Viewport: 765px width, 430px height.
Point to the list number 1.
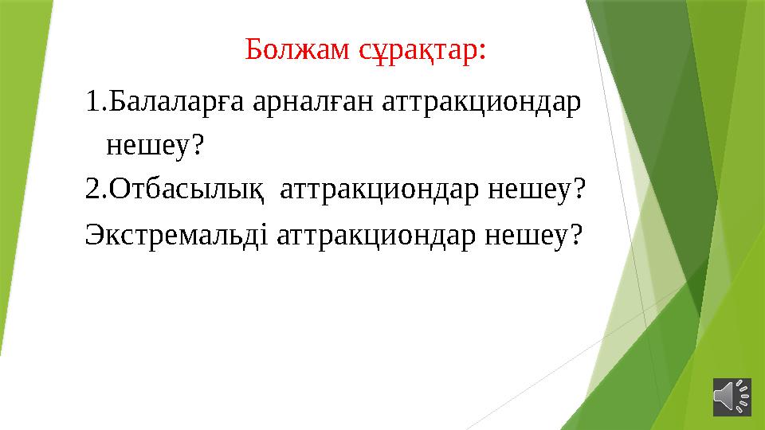[92, 103]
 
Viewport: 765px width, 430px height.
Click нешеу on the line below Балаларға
[147, 146]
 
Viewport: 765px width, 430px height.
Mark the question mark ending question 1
[198, 145]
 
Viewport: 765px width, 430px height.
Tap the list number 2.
[92, 190]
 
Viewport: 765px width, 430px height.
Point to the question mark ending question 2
[579, 190]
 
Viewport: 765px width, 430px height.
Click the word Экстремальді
[176, 234]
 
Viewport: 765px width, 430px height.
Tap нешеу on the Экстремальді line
[524, 234]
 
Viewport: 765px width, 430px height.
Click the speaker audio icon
[731, 396]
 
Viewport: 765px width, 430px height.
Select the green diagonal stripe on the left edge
[19, 199]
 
